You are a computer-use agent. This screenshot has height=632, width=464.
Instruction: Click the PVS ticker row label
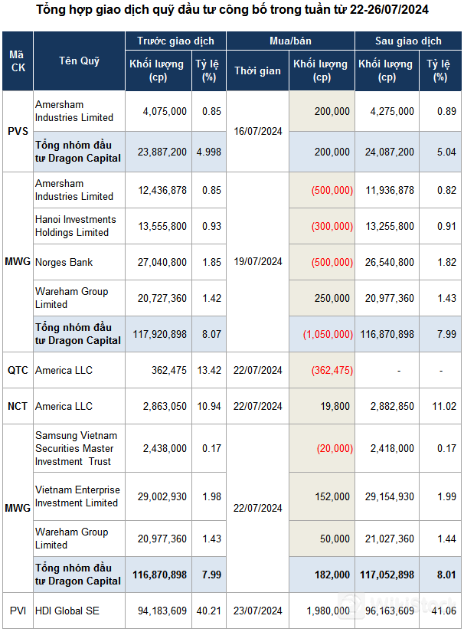pyautogui.click(x=17, y=131)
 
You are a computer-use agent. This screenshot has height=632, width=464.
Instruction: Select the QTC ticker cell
pyautogui.click(x=17, y=370)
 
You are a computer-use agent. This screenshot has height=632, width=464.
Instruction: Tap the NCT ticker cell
pyautogui.click(x=17, y=406)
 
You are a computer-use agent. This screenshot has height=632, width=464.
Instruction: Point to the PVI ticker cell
pyautogui.click(x=17, y=611)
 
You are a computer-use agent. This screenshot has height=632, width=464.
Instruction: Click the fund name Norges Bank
pyautogui.click(x=64, y=262)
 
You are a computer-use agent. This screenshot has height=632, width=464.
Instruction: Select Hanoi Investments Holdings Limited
pyautogui.click(x=75, y=226)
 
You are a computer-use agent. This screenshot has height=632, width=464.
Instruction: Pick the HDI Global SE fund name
pyautogui.click(x=68, y=611)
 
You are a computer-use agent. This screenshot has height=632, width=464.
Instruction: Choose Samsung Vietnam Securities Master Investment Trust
pyautogui.click(x=74, y=448)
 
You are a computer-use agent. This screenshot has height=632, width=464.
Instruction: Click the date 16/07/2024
pyautogui.click(x=257, y=131)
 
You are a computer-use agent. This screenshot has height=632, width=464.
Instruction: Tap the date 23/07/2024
pyautogui.click(x=257, y=611)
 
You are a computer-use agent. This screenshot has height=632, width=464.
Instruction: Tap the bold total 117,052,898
pyautogui.click(x=387, y=575)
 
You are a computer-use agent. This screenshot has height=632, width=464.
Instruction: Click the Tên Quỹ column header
pyautogui.click(x=80, y=61)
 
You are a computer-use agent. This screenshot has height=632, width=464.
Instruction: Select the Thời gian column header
pyautogui.click(x=257, y=70)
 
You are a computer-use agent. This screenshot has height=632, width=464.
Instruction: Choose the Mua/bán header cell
pyautogui.click(x=289, y=41)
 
